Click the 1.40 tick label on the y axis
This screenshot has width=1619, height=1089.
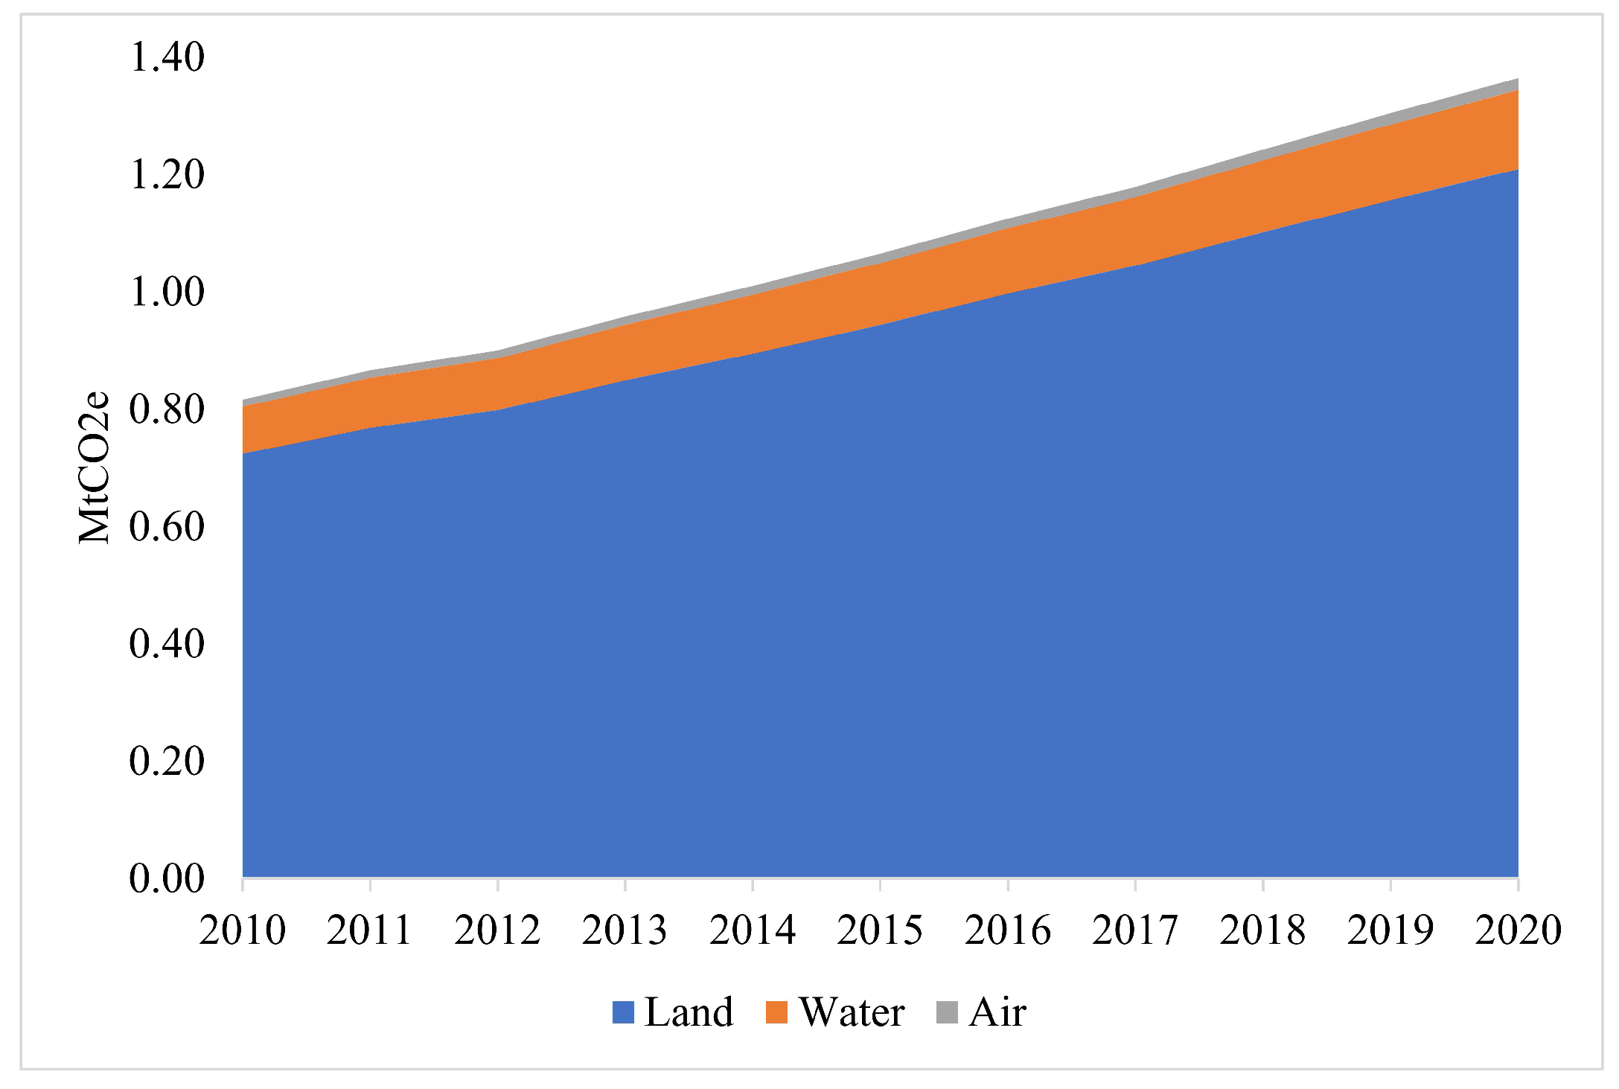click(x=167, y=57)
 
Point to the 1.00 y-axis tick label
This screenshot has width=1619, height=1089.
click(x=167, y=292)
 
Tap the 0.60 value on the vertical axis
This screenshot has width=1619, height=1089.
click(x=167, y=527)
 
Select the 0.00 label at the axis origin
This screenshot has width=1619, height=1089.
click(x=167, y=879)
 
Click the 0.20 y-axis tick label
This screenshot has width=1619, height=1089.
click(x=167, y=761)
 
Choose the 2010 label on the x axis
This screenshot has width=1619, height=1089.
click(x=242, y=930)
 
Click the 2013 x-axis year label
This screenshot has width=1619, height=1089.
click(x=625, y=930)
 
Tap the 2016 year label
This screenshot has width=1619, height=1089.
click(x=1007, y=930)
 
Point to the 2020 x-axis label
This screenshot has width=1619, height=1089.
click(x=1518, y=930)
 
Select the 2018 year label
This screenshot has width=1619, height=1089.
click(x=1262, y=930)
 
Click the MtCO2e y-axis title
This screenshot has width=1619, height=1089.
click(x=95, y=468)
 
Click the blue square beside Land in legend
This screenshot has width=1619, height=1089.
click(x=623, y=1012)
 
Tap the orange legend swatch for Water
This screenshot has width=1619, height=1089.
click(x=776, y=1012)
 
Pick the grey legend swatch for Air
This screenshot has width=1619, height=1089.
click(x=947, y=1012)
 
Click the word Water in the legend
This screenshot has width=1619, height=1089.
click(x=852, y=1012)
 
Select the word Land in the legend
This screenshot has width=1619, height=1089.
click(x=689, y=1012)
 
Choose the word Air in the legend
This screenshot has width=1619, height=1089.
click(x=997, y=1012)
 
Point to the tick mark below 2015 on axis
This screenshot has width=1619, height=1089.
click(x=880, y=884)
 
